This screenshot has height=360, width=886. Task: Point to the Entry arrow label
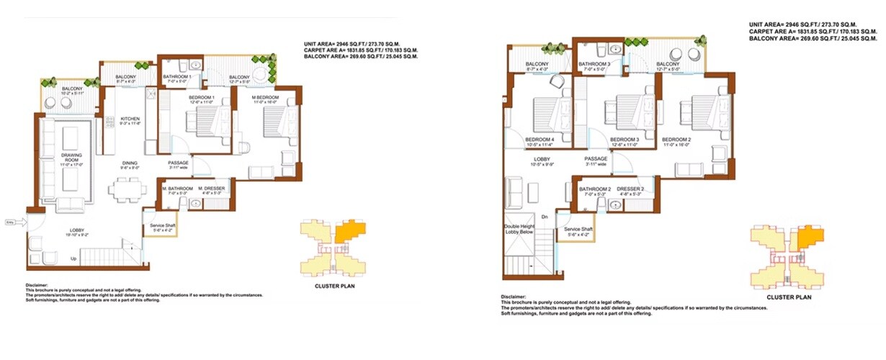9,221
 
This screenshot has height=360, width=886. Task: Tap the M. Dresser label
212,189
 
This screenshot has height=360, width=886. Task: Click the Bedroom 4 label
540,140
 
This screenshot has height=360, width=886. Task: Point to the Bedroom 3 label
625,140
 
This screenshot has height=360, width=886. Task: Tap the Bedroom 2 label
677,140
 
